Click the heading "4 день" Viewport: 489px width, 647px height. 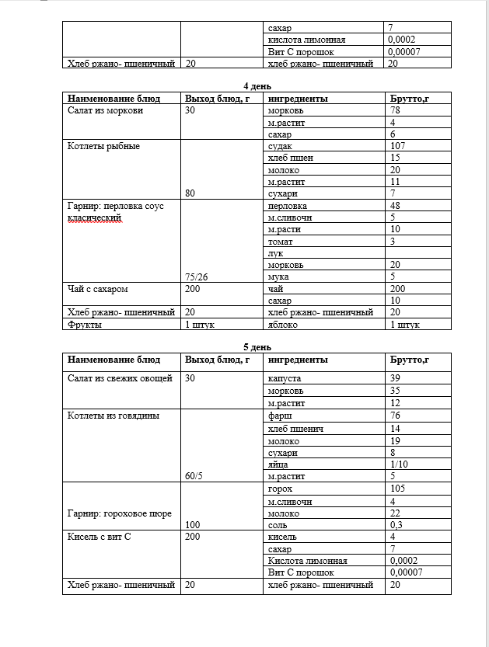tap(257, 86)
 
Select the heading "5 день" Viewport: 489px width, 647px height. tap(257, 347)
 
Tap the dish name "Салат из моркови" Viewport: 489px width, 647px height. tap(104, 110)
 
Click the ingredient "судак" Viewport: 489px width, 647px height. tap(280, 146)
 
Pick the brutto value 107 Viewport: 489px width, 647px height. tap(398, 146)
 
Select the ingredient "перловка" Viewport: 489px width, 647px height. tap(286, 206)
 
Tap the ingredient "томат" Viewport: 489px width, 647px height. tap(281, 242)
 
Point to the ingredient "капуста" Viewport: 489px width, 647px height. tap(284, 377)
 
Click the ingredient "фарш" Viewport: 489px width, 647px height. tap(279, 416)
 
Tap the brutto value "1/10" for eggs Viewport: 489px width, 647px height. tap(400, 464)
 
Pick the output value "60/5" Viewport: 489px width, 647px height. tap(196, 475)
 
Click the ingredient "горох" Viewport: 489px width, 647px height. tap(280, 489)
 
